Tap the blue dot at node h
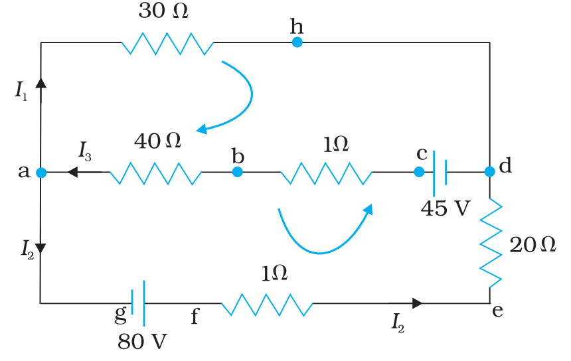point(297,42)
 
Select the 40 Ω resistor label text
point(157,141)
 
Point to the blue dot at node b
point(237,173)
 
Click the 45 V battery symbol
point(440,172)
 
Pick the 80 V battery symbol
point(138,303)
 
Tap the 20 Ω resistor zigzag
point(491,242)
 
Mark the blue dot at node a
point(41,173)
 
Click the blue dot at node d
point(490,172)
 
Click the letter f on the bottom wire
point(195,317)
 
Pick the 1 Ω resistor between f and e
point(267,305)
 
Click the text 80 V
point(143,341)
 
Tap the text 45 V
point(445,208)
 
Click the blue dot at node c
point(419,172)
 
